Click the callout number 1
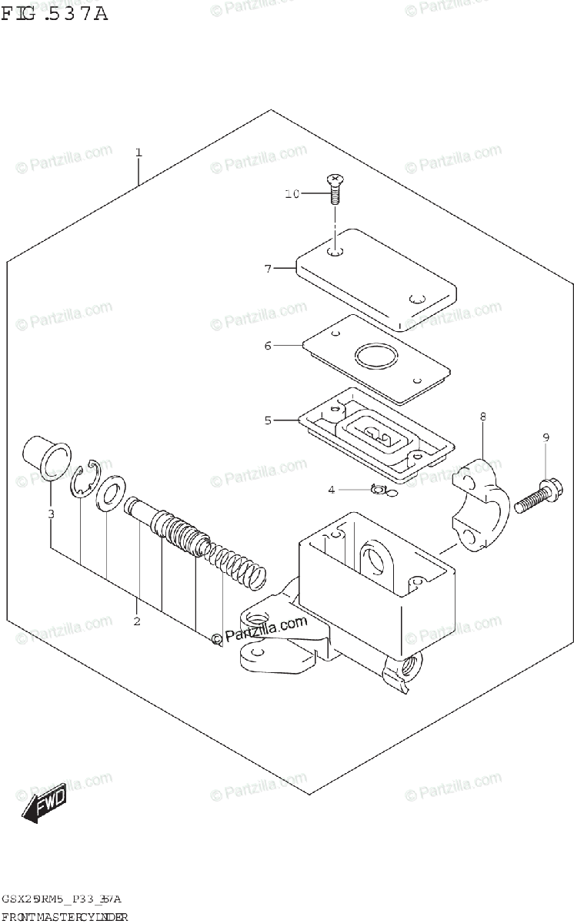(138, 152)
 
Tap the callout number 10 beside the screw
(292, 194)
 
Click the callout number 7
(268, 269)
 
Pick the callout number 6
(268, 346)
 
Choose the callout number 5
(268, 420)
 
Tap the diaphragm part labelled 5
(377, 434)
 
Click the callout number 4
(331, 489)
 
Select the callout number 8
(483, 417)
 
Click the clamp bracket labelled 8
(481, 504)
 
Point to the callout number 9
(546, 438)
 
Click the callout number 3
(51, 514)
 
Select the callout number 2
(136, 621)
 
